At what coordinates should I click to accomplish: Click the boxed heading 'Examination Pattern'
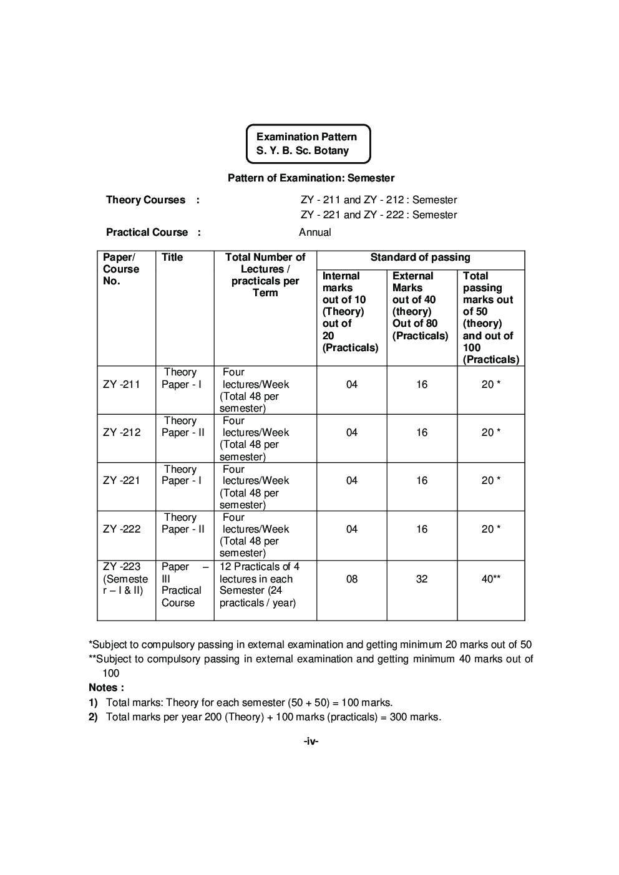pyautogui.click(x=306, y=137)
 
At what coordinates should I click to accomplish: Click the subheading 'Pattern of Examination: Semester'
pyautogui.click(x=311, y=178)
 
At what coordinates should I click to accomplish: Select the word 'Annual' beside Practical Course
pyautogui.click(x=314, y=232)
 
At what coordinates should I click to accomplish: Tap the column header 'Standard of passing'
pyautogui.click(x=420, y=257)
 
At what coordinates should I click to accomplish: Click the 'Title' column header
pyautogui.click(x=172, y=257)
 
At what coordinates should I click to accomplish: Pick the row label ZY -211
pyautogui.click(x=122, y=384)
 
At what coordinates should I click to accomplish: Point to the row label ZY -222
pyautogui.click(x=122, y=529)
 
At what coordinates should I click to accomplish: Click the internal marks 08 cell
pyautogui.click(x=352, y=579)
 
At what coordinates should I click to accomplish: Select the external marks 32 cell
pyautogui.click(x=422, y=579)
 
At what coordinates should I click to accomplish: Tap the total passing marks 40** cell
pyautogui.click(x=490, y=579)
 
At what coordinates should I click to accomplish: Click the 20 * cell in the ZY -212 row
pyautogui.click(x=490, y=432)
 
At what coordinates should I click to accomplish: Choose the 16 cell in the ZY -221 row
pyautogui.click(x=422, y=480)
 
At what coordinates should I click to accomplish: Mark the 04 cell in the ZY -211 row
pyautogui.click(x=352, y=384)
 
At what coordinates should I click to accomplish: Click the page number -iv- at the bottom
pyautogui.click(x=311, y=741)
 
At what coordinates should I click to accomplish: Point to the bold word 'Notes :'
pyautogui.click(x=106, y=687)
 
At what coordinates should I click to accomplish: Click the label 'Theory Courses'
pyautogui.click(x=145, y=200)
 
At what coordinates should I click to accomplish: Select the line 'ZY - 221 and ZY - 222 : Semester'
pyautogui.click(x=378, y=215)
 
